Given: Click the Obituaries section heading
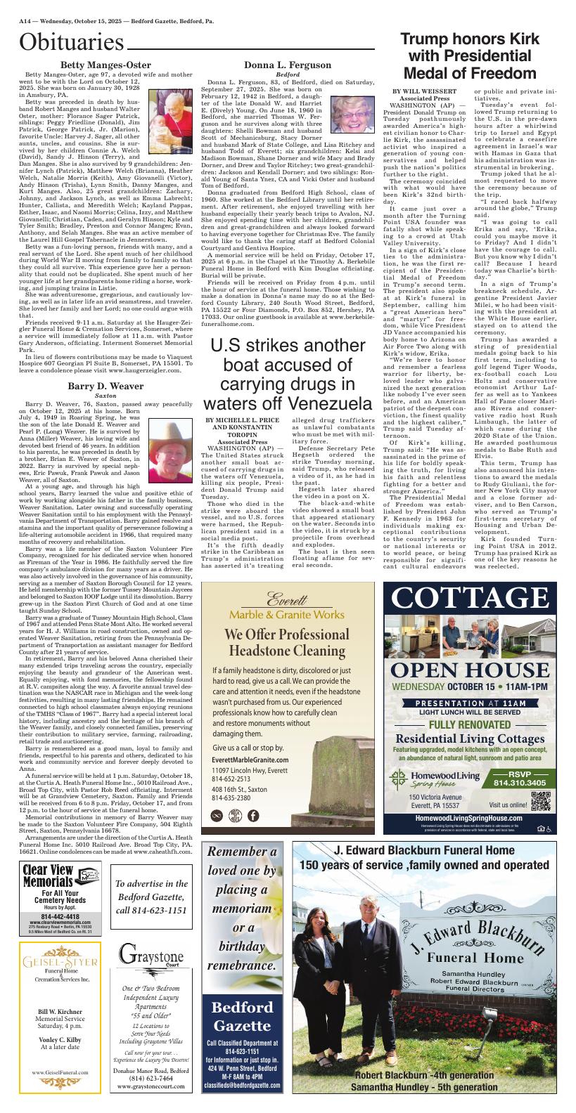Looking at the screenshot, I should pyautogui.click(x=72, y=44).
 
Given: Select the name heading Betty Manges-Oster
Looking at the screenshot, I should pyautogui.click(x=105, y=65).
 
